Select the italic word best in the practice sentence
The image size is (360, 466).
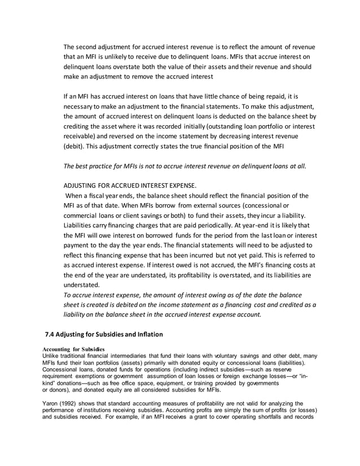point(84,166)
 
